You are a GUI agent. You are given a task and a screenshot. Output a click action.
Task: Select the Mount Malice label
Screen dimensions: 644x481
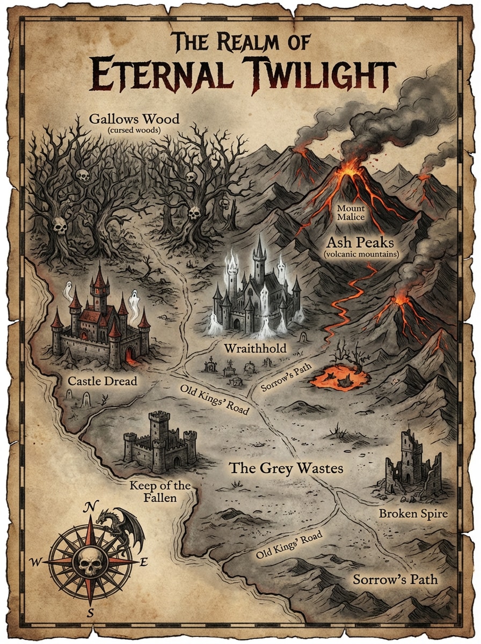(351, 212)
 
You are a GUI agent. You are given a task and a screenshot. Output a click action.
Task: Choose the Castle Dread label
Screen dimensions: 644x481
(103, 382)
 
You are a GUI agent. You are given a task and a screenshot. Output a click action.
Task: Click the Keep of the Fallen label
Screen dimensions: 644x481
(161, 492)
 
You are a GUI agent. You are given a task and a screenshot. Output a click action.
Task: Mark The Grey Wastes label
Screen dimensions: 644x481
(286, 468)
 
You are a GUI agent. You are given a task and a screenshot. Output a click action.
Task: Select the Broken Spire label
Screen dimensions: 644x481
(413, 514)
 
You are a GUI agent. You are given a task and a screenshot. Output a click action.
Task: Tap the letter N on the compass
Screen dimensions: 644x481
(92, 506)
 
